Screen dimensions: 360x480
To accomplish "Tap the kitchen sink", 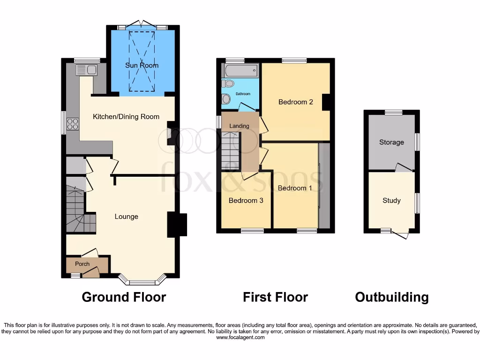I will point(86,70).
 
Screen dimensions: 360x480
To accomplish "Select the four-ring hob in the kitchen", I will point(73,124).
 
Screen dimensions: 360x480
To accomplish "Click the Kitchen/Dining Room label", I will point(126,117).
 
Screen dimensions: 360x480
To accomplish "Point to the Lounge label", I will point(127,217).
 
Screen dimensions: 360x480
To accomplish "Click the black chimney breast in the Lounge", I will point(177,225).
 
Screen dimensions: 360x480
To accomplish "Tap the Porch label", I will point(82,264).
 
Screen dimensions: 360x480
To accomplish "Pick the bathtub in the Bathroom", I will point(240,71).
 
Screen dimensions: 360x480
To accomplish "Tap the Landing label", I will point(239,126).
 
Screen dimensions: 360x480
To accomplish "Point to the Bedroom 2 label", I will point(295,102).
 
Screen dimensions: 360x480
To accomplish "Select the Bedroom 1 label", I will point(294,188).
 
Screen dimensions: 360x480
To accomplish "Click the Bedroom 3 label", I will point(246,200).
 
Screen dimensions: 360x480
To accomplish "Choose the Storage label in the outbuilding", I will point(391,142).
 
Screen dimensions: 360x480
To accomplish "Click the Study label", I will point(391,201).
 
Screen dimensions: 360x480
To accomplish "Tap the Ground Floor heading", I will point(124,297).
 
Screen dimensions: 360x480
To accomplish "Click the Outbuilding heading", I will point(391,297).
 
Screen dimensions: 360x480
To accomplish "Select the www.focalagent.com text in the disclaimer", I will point(240,337).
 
